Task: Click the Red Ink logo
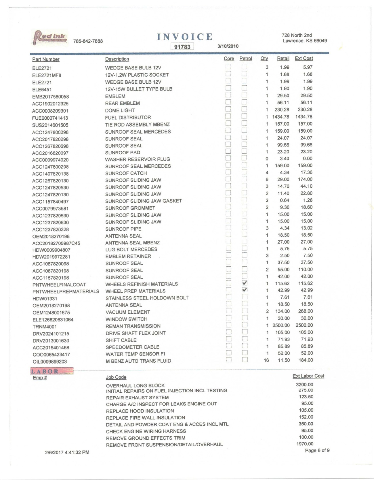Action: (50, 37)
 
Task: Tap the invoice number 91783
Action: (182, 47)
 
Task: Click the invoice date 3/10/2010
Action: (228, 46)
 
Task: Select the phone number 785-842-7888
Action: (88, 41)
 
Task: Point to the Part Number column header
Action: (46, 59)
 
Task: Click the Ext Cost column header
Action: (304, 59)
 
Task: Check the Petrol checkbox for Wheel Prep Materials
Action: (245, 290)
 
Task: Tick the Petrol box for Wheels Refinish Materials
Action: (245, 283)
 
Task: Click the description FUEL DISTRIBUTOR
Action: (128, 118)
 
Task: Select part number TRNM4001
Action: (45, 327)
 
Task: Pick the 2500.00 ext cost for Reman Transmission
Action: (304, 325)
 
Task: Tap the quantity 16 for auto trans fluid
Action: (266, 360)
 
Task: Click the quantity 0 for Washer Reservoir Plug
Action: (267, 159)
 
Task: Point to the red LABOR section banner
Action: (52, 371)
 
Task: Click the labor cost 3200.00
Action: (304, 385)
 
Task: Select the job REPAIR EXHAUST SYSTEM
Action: (137, 398)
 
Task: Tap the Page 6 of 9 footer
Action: (317, 451)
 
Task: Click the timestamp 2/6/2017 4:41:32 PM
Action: (67, 452)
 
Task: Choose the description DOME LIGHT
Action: (120, 110)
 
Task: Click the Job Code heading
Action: (116, 377)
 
